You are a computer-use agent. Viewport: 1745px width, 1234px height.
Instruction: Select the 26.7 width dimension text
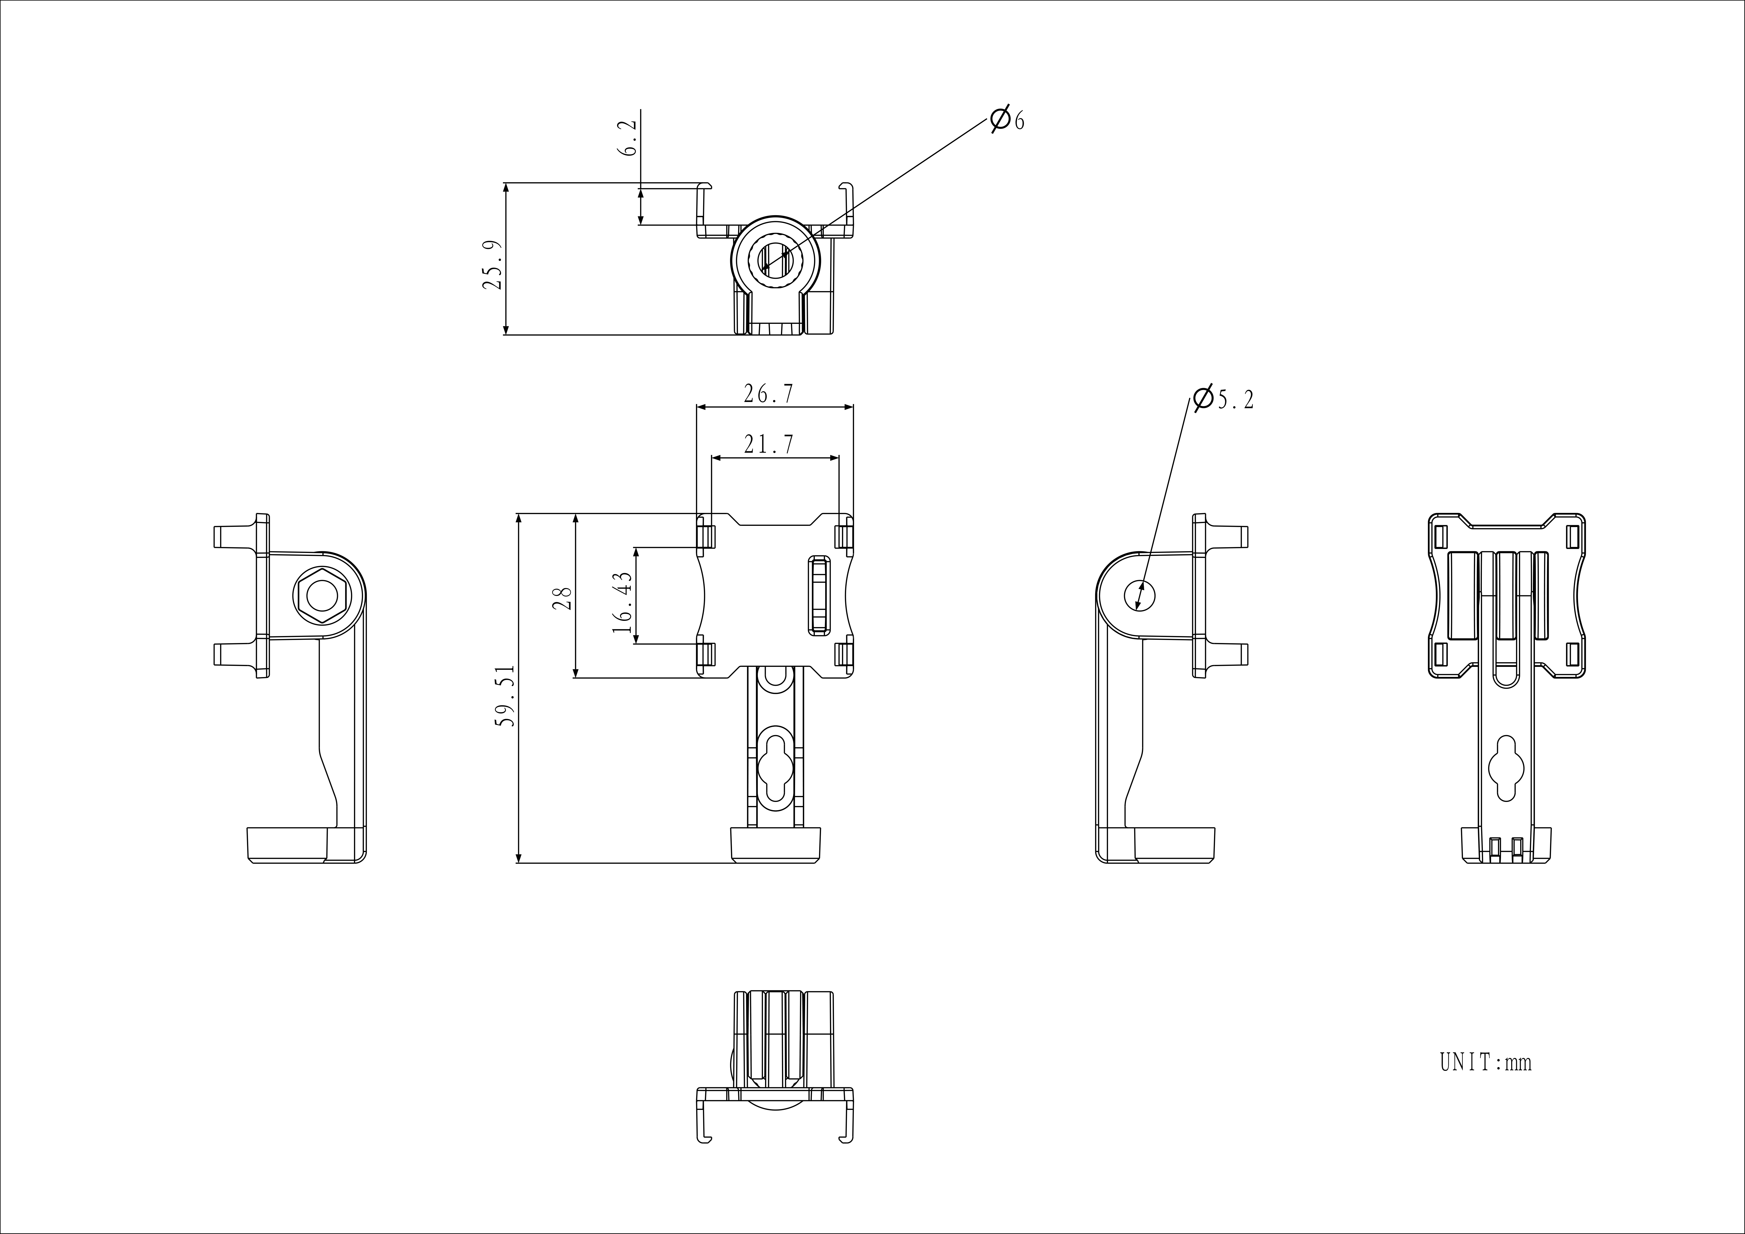pos(768,394)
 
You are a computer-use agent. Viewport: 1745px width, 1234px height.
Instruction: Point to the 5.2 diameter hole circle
pos(1139,595)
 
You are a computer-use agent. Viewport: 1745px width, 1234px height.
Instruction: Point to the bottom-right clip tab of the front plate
pos(844,655)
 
